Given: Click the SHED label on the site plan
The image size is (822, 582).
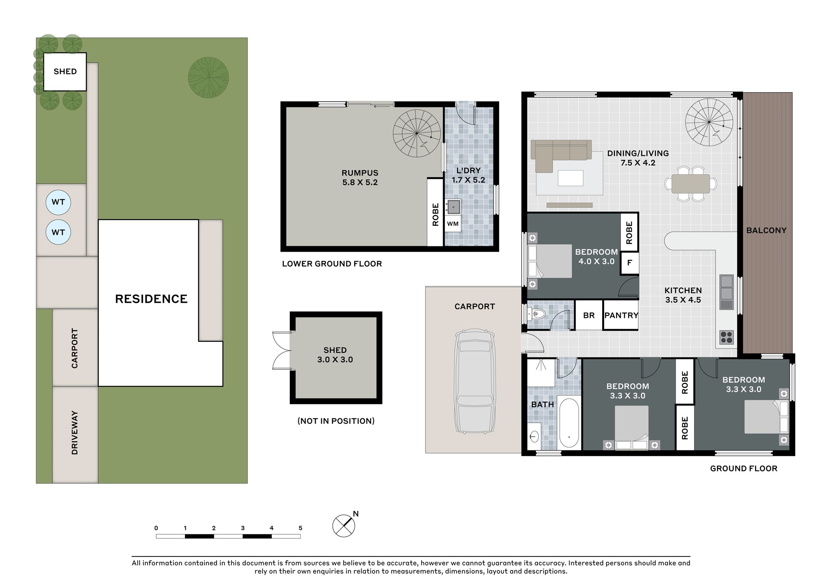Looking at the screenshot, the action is coord(65,72).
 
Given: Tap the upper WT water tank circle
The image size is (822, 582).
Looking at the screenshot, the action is coord(58,202).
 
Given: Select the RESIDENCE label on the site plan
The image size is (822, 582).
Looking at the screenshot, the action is coord(151,299).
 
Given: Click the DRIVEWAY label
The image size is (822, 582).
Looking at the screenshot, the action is coord(75,432).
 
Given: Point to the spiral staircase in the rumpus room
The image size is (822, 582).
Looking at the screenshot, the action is coord(417,133).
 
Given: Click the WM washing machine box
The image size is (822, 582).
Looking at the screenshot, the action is coord(453,224).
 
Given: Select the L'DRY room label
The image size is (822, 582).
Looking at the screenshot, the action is coord(468,170).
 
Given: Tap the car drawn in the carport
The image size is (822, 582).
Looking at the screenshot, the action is coord(475,380).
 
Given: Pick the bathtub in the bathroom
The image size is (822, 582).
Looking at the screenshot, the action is coord(569,423).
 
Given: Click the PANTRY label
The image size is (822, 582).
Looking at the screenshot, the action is coord(621,315).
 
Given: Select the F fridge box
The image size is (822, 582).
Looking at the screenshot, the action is coord(629,262).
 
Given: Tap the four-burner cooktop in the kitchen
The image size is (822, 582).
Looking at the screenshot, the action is coord(727,337).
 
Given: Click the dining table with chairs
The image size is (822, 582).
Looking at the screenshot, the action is coord(691,184).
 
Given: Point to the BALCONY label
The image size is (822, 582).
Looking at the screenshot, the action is coord(766,231).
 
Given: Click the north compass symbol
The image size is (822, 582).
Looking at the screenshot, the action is coord(344,526).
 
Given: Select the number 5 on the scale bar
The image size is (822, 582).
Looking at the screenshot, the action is coord(300,528).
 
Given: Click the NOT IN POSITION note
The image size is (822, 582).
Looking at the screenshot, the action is coord(336,421).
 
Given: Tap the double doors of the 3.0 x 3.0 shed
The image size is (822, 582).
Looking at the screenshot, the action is coord(282,350).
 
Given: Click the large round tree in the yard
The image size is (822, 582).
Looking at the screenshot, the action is coord(208,77).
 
